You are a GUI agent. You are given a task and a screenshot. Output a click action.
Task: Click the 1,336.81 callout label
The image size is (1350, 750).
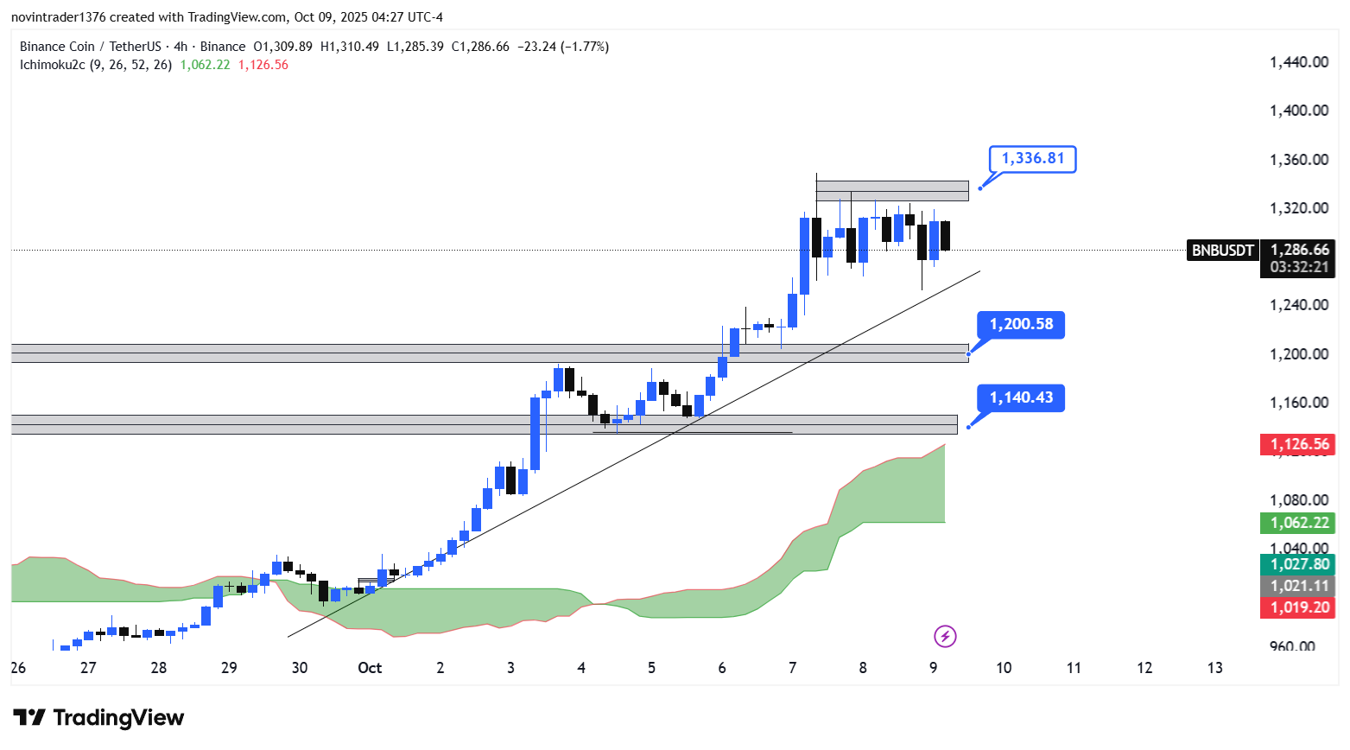[1032, 158]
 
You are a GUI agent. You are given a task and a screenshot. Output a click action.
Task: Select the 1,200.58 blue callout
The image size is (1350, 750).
[1021, 325]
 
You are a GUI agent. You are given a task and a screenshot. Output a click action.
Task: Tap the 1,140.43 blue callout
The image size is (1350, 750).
[1021, 398]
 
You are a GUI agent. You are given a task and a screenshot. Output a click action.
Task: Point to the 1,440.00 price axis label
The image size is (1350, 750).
[1298, 62]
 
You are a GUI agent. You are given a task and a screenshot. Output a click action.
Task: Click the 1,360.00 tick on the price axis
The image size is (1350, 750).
[1298, 160]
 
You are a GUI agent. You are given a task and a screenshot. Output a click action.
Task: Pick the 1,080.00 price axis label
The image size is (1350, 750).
[1298, 500]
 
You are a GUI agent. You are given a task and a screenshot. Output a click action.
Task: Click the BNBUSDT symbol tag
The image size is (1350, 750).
[1222, 251]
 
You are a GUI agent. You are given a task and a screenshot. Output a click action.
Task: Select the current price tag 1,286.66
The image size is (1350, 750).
[1298, 250]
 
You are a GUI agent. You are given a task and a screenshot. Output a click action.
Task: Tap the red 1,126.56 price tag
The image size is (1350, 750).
[1298, 445]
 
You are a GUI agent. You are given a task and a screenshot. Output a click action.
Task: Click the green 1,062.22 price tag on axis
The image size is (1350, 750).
[1298, 523]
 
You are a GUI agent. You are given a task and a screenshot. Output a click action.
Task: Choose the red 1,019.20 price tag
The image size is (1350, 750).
[1298, 607]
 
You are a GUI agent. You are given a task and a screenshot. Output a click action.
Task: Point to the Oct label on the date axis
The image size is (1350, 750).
[370, 668]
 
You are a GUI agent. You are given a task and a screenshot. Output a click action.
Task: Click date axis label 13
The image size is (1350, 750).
[1214, 668]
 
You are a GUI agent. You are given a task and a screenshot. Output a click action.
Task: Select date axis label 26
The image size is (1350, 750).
[18, 668]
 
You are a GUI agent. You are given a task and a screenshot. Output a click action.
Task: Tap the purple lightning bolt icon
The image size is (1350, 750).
[945, 637]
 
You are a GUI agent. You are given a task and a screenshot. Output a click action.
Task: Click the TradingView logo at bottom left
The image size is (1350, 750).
[98, 718]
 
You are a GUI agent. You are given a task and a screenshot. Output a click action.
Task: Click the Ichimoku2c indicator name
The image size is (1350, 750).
[52, 65]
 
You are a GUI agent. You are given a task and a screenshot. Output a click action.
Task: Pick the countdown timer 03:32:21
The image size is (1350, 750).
[1298, 267]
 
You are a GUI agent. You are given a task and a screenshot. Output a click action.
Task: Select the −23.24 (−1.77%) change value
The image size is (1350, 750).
[563, 47]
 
